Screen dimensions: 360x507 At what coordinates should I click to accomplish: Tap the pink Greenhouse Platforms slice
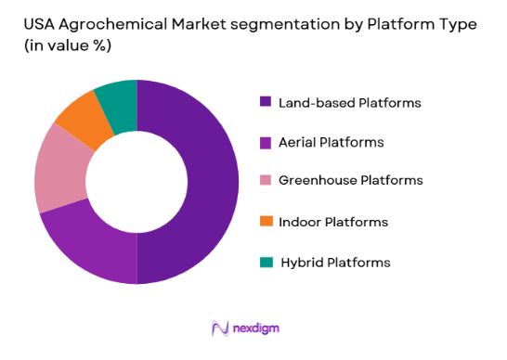(58, 173)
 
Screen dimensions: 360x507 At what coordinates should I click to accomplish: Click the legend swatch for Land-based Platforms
(265, 103)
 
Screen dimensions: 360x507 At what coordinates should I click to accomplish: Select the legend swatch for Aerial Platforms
(265, 143)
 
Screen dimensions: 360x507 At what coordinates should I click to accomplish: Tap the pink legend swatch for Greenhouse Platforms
(265, 180)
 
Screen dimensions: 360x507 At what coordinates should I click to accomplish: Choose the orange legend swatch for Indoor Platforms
(265, 222)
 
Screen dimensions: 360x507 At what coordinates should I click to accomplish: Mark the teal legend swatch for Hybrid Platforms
(265, 263)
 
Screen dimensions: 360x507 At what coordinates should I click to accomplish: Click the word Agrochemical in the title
(115, 25)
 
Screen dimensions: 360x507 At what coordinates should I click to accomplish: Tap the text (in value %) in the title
(65, 49)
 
